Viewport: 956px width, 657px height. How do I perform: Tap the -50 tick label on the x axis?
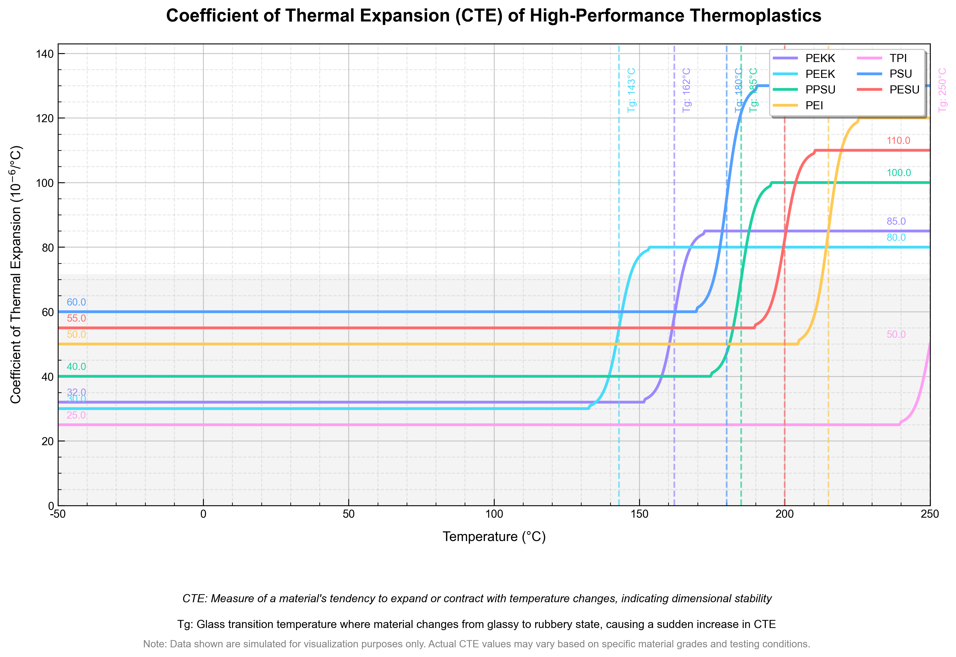[58, 514]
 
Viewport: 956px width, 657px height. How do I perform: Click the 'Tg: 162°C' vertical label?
[687, 90]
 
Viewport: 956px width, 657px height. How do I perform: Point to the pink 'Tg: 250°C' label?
[942, 90]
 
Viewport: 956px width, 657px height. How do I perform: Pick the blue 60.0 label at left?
[76, 302]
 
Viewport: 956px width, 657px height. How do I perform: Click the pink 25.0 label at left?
[76, 415]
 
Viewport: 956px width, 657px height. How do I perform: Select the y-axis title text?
[16, 275]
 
